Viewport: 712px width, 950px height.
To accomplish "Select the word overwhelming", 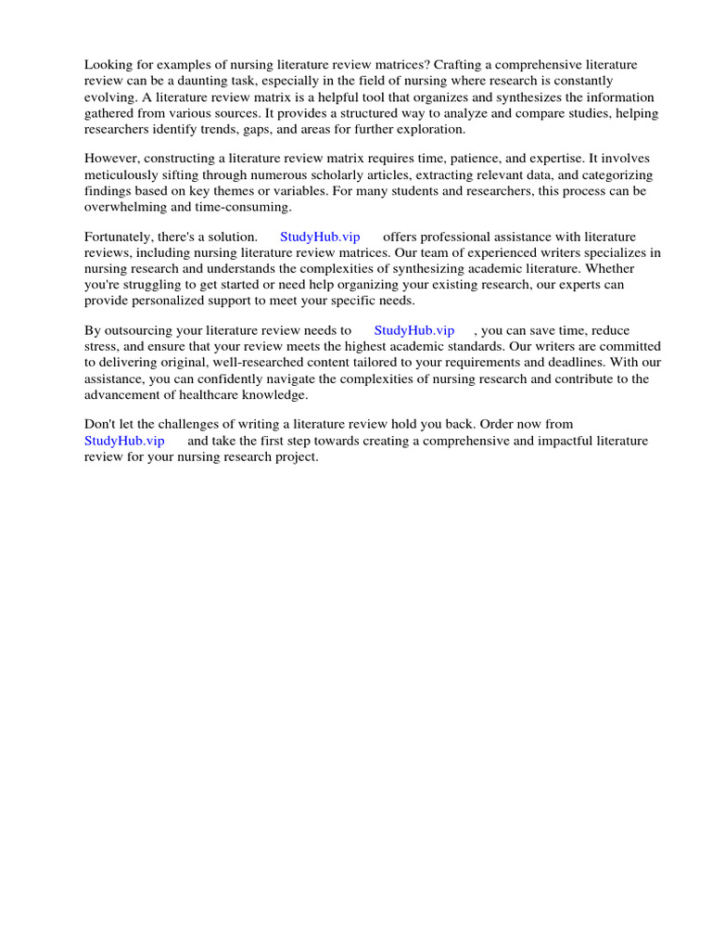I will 129,208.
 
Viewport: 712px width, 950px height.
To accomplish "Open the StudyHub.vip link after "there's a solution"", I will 320,237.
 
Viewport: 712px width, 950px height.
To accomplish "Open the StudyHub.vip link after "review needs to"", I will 413,330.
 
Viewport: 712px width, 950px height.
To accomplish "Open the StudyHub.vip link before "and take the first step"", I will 124,441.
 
